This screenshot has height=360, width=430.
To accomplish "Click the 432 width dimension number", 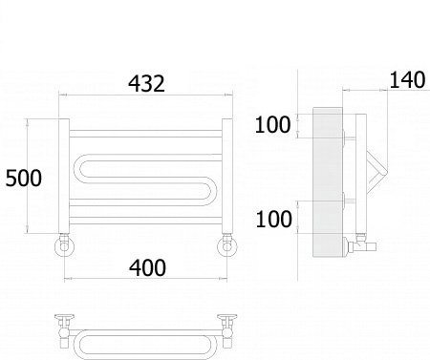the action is [146, 84].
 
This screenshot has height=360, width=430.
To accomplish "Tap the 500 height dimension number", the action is [24, 178].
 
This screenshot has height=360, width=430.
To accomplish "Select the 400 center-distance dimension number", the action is [147, 267].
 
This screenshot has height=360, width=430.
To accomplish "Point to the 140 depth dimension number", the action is [407, 79].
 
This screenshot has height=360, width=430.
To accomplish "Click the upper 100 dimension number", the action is [272, 124].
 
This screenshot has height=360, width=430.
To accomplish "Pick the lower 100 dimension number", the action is [273, 219].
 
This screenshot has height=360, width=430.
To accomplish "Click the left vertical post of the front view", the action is [64, 176].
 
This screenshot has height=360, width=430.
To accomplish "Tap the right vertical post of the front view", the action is [227, 176].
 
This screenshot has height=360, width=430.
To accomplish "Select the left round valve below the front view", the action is [65, 245].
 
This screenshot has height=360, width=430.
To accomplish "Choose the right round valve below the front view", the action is [227, 245].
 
